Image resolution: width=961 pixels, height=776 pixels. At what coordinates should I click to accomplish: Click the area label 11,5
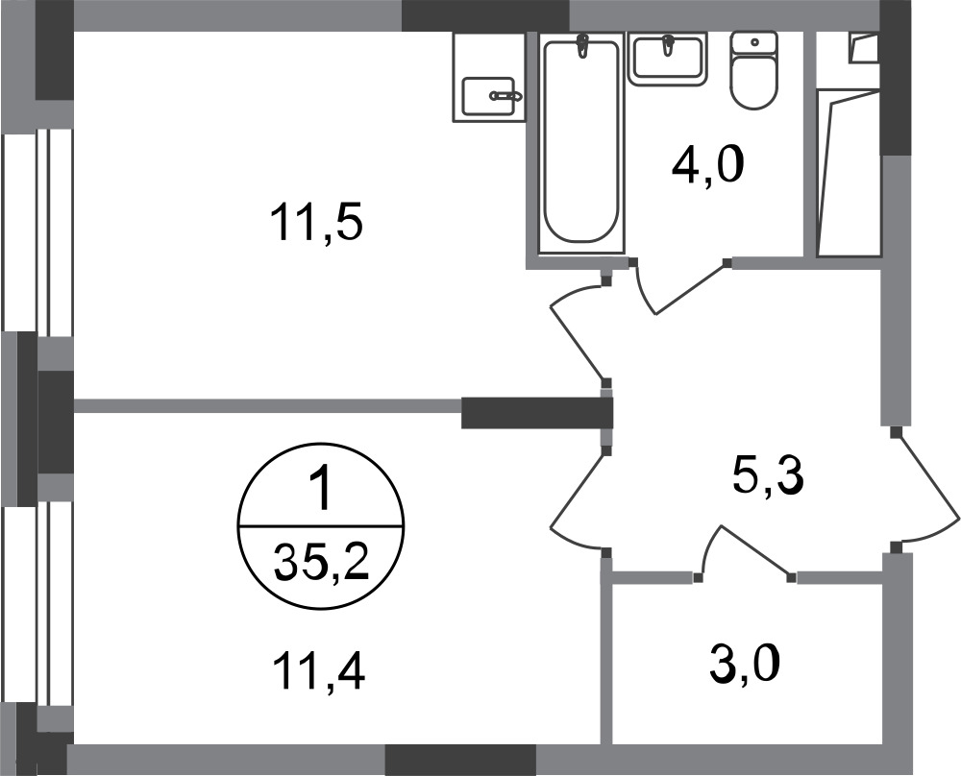(317, 223)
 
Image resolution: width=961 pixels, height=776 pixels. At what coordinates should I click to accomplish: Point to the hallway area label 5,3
(767, 476)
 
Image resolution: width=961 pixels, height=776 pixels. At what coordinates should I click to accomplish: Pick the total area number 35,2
(321, 563)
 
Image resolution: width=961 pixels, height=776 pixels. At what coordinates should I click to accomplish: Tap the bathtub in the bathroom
(581, 142)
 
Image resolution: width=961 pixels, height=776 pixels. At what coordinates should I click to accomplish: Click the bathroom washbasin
(668, 59)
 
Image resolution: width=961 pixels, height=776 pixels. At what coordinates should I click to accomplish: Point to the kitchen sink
(488, 96)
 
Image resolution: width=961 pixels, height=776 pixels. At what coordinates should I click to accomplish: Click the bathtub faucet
(581, 46)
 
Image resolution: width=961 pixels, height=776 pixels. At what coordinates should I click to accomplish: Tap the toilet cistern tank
(753, 43)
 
